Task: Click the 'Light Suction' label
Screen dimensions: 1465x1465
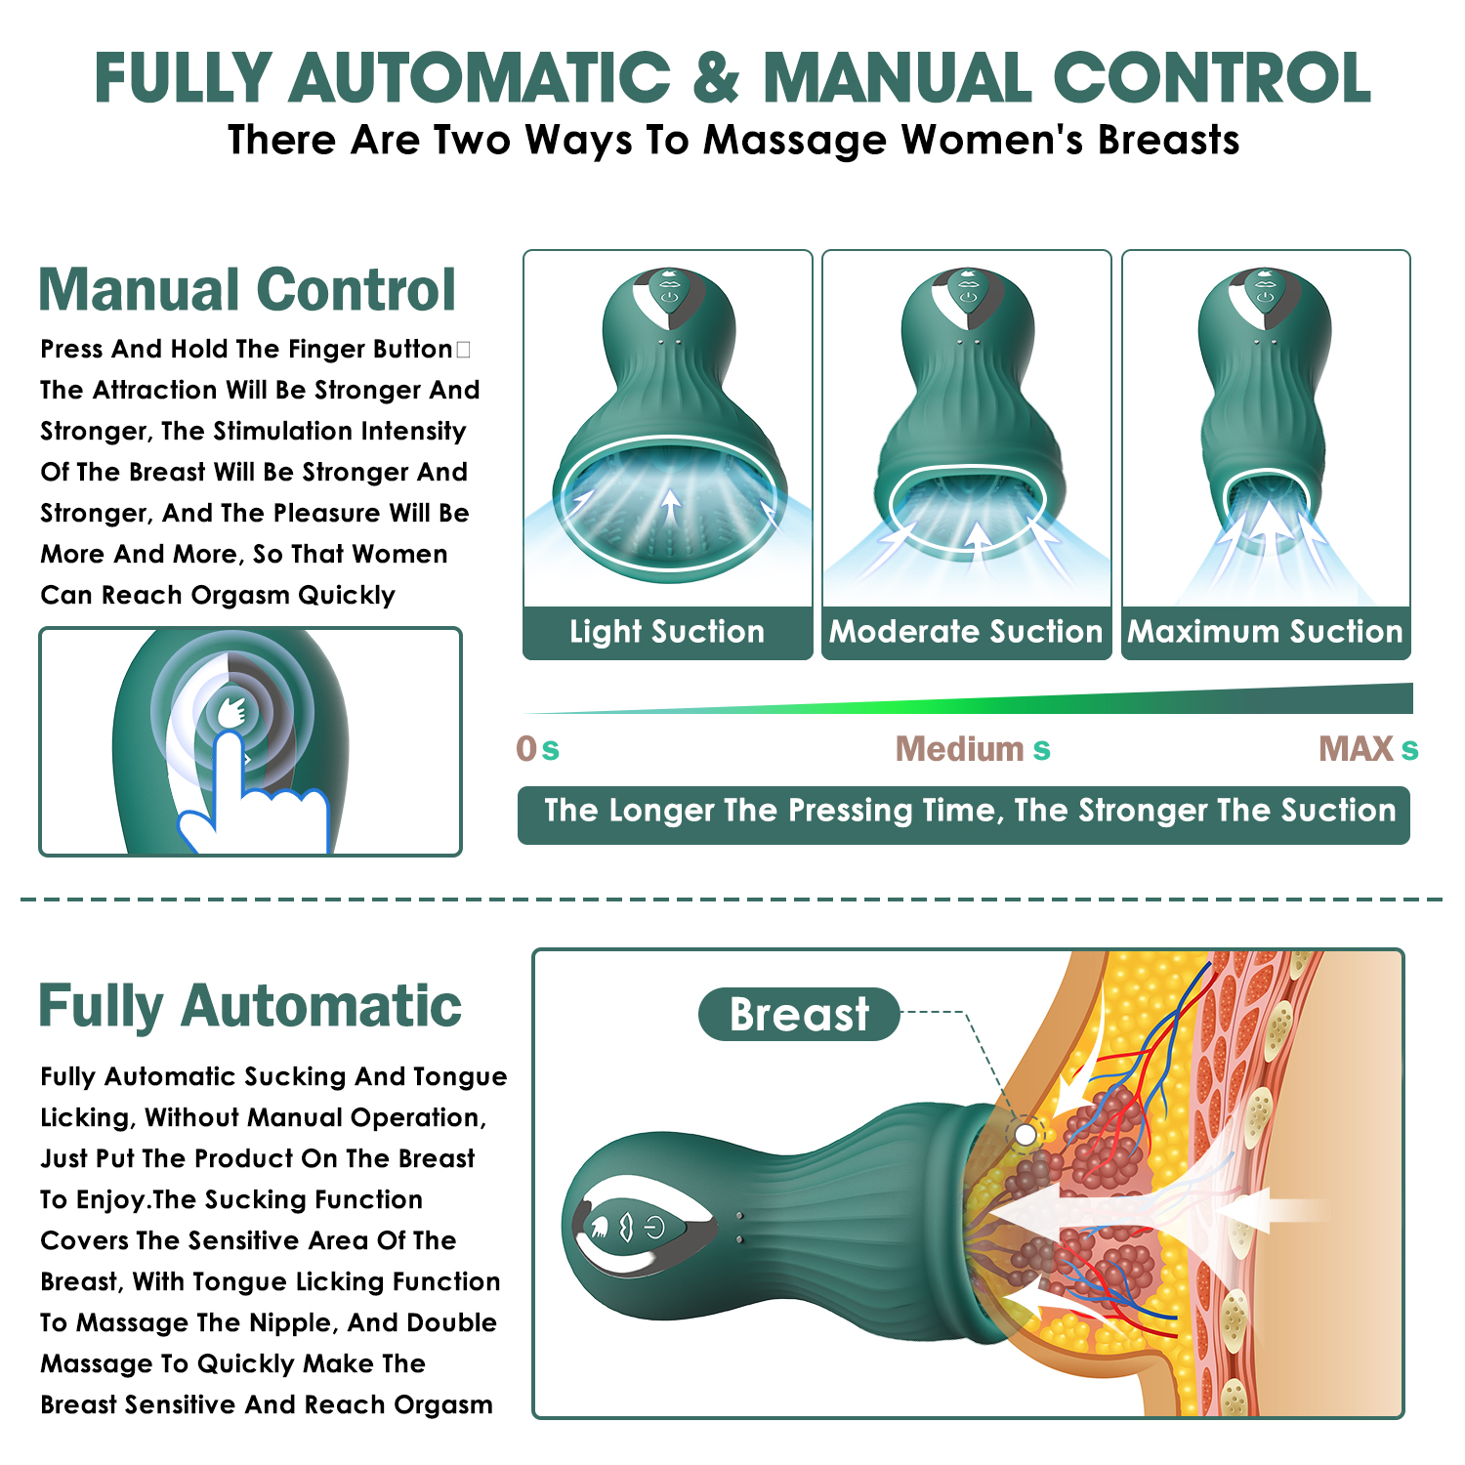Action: [x=667, y=632]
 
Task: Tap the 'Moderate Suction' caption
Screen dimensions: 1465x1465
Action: [x=966, y=632]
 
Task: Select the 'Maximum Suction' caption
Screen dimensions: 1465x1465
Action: [x=1266, y=632]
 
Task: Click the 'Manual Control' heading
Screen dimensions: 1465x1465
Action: [x=247, y=290]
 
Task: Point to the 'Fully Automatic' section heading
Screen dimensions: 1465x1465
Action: [x=250, y=1007]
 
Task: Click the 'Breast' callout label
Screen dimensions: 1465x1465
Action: [x=799, y=1014]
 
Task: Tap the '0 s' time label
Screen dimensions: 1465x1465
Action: [x=538, y=749]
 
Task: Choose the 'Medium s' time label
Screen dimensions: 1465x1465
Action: [x=973, y=749]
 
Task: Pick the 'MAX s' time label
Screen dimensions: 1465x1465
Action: [x=1368, y=749]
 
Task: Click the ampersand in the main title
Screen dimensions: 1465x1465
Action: [x=717, y=77]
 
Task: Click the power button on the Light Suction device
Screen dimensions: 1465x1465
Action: [x=669, y=295]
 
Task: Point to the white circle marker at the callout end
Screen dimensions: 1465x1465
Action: [x=1025, y=1134]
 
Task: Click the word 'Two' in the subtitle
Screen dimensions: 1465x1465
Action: [x=474, y=141]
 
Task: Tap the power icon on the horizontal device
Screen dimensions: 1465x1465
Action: [x=654, y=1227]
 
